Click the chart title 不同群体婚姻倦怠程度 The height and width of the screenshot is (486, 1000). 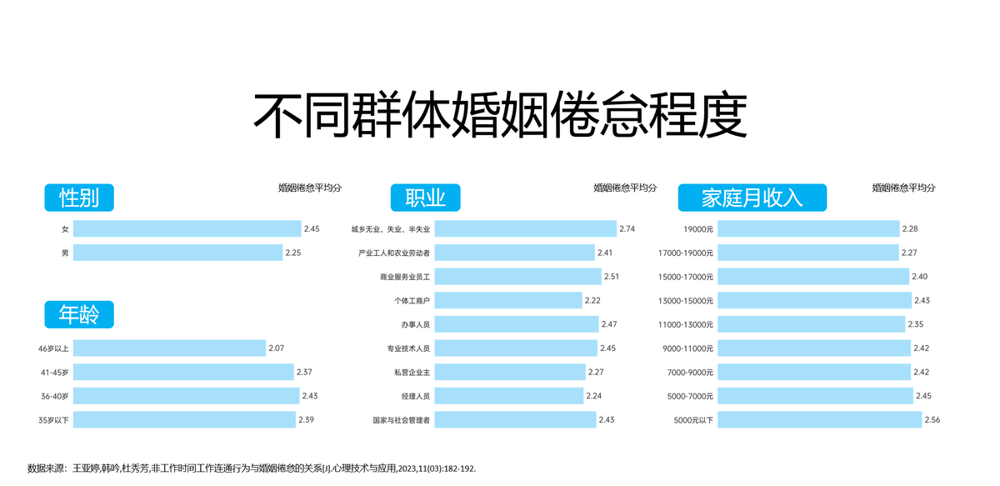[499, 115]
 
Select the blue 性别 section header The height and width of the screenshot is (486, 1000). [79, 198]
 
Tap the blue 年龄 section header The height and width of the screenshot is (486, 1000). [79, 314]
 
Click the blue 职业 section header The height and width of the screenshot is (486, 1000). [425, 198]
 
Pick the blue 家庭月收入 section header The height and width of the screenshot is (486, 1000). [752, 198]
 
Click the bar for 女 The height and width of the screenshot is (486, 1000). [187, 228]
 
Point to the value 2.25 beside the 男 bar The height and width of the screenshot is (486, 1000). [293, 253]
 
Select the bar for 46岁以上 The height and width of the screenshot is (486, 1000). [169, 348]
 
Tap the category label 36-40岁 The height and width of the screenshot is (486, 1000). [53, 396]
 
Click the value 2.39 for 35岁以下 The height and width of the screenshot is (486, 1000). [306, 420]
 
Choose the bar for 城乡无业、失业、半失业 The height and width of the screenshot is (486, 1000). [525, 228]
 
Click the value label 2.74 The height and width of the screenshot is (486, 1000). [627, 228]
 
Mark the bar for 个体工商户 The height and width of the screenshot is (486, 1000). [507, 300]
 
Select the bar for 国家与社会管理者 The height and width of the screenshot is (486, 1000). [515, 420]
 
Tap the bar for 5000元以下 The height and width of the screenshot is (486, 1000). [819, 420]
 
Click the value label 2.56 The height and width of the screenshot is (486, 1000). [932, 420]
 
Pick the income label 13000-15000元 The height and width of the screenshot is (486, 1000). [685, 300]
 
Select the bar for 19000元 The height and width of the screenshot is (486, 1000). [808, 228]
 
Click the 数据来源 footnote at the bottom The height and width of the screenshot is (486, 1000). [251, 469]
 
